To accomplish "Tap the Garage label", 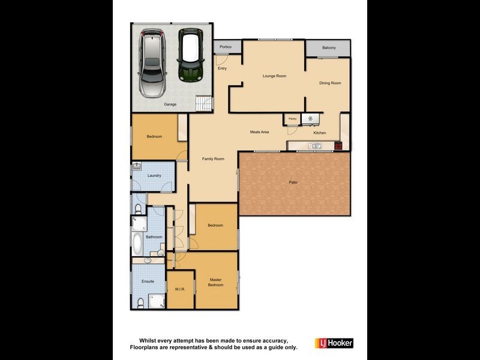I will (170, 104).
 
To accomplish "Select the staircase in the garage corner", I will (205, 104).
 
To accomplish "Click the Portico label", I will (226, 47).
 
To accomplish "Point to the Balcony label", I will (328, 48).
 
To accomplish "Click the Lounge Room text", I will (274, 76).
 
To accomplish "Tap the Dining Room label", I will (329, 83).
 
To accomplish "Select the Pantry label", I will (292, 119).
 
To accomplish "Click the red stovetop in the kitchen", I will (338, 145).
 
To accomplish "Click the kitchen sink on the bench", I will (315, 145).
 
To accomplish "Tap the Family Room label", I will (213, 159).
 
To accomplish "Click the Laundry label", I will (154, 175).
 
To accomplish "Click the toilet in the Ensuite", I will (140, 304).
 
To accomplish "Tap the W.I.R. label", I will (180, 289).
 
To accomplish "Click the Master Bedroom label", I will (215, 282).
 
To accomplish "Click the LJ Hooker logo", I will (334, 343).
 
